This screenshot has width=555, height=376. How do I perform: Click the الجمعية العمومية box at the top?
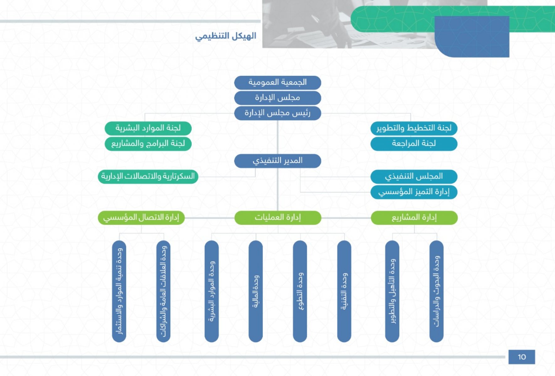[x=278, y=82]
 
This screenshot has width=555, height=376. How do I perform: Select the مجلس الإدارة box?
[x=278, y=98]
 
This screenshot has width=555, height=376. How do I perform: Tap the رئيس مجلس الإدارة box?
[x=278, y=113]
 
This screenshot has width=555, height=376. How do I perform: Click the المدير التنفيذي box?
[x=278, y=161]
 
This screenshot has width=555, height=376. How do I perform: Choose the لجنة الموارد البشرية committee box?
[x=148, y=128]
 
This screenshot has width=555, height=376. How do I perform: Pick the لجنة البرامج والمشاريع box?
[x=148, y=144]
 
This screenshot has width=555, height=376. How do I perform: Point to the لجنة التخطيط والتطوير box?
[x=414, y=128]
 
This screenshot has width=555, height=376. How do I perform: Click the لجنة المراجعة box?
[x=414, y=144]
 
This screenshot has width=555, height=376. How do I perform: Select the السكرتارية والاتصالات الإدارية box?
[x=148, y=176]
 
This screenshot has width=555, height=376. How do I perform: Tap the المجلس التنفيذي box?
[x=414, y=176]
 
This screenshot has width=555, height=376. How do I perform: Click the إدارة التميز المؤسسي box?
[x=414, y=192]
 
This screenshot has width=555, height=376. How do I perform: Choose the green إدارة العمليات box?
[x=278, y=217]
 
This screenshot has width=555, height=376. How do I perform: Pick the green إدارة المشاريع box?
[x=414, y=217]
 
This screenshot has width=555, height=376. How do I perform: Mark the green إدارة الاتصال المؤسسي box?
[x=141, y=217]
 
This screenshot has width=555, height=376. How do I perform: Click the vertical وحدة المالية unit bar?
[x=256, y=291]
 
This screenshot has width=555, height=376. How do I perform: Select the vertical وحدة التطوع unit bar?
[x=300, y=291]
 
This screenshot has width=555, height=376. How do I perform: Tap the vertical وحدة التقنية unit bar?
[x=344, y=291]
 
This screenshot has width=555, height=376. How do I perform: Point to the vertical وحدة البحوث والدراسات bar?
[x=436, y=291]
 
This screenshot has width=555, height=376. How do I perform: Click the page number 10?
[x=522, y=357]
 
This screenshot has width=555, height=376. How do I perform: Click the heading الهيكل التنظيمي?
[x=226, y=36]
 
